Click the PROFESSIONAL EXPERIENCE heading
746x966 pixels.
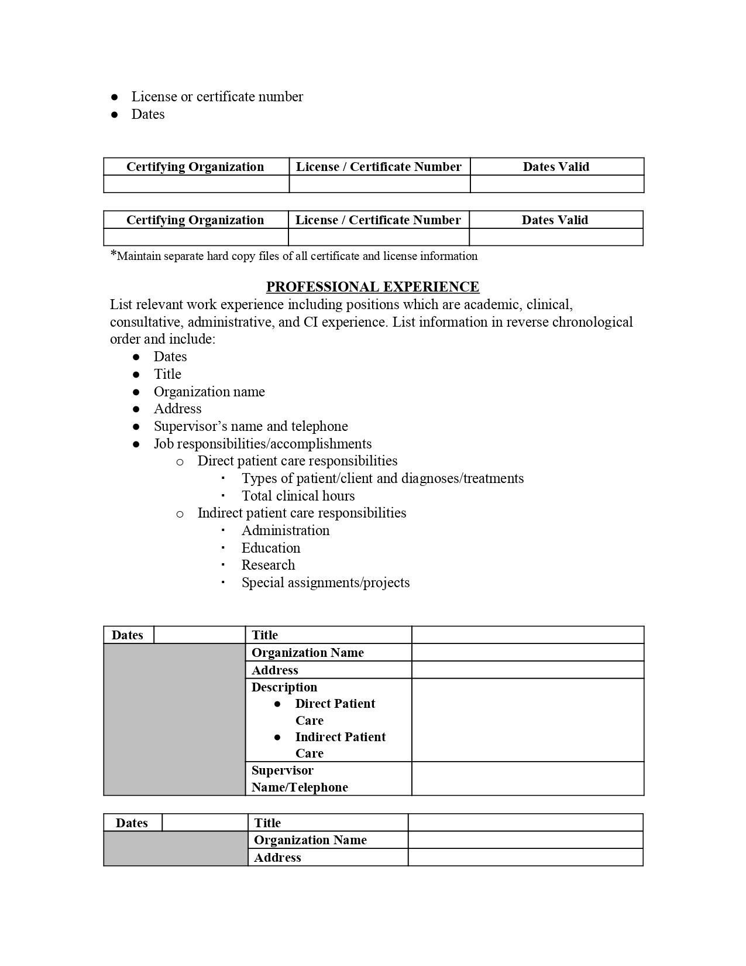(x=373, y=287)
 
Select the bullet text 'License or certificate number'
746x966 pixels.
(x=217, y=97)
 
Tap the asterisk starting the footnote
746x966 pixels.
(x=114, y=254)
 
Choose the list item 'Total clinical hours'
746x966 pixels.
(x=298, y=496)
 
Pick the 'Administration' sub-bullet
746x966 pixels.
(x=286, y=530)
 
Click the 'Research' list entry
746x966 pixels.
(x=268, y=565)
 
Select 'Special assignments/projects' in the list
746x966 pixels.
(x=325, y=583)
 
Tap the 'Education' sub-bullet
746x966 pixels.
(x=271, y=548)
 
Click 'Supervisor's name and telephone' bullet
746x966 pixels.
(x=250, y=426)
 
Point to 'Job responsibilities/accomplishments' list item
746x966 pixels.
(x=263, y=444)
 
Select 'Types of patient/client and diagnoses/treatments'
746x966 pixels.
(x=383, y=478)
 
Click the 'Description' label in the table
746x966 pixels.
(x=284, y=687)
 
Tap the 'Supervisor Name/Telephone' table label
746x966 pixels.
(x=300, y=779)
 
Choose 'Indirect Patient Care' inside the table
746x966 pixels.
(x=340, y=745)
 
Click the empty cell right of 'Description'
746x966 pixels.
(x=528, y=720)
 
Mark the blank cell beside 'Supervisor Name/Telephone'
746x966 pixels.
(x=528, y=779)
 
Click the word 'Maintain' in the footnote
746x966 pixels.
(x=139, y=256)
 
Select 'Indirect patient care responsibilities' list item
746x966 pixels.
(x=301, y=513)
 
